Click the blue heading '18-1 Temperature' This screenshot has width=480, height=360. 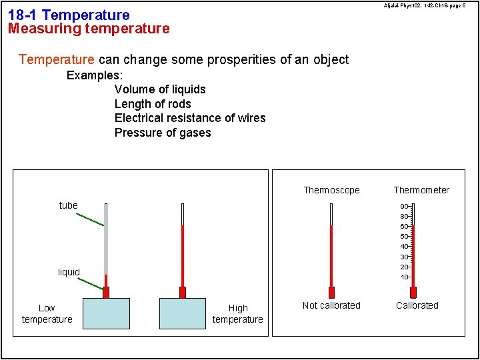(69, 15)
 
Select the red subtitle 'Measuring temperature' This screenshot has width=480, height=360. (89, 29)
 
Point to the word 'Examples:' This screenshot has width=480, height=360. (95, 75)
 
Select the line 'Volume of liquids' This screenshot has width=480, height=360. (160, 89)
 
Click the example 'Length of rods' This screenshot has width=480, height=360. (153, 104)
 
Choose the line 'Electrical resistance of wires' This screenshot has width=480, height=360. (190, 118)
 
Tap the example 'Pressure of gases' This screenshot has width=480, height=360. (163, 133)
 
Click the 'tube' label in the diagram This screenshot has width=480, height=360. (69, 205)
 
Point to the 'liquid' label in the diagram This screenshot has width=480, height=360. (69, 272)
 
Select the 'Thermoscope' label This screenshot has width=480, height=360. (331, 190)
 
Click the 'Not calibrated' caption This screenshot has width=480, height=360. (331, 305)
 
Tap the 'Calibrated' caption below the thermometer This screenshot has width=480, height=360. (417, 305)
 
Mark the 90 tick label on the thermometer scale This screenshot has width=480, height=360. (404, 207)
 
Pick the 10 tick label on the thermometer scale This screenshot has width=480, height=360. (404, 277)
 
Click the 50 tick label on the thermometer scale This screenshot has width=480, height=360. (404, 237)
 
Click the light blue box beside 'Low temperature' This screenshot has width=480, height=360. (106, 313)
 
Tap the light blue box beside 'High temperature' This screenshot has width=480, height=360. (183, 313)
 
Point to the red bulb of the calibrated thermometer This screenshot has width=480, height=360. (413, 292)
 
